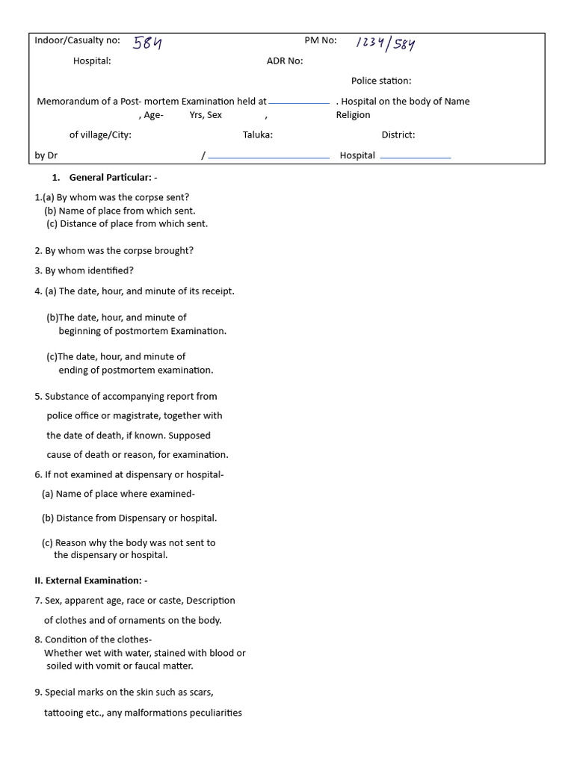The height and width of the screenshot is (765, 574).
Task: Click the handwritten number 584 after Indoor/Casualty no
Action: [147, 43]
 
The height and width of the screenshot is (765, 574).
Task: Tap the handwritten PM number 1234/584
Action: [385, 44]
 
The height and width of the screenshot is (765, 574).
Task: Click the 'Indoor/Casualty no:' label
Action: [77, 40]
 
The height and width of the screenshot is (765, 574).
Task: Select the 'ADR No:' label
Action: [285, 61]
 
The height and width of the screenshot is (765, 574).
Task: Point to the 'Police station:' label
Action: [381, 81]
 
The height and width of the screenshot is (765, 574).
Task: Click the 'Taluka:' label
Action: [257, 135]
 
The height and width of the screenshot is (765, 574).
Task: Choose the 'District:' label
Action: [398, 135]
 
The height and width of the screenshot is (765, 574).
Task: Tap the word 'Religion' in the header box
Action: [353, 115]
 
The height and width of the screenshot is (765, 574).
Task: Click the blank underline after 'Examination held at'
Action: [299, 102]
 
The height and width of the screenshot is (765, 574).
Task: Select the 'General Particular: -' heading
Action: [113, 178]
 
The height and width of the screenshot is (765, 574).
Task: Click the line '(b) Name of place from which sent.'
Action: [120, 211]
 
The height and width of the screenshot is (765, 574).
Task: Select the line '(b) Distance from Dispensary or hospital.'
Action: [129, 518]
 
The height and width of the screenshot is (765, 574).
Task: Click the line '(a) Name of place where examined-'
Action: [118, 494]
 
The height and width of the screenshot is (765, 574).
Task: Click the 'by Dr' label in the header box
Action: [46, 155]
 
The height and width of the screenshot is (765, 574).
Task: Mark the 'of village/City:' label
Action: [100, 135]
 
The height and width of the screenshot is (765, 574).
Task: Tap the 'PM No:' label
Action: [321, 40]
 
